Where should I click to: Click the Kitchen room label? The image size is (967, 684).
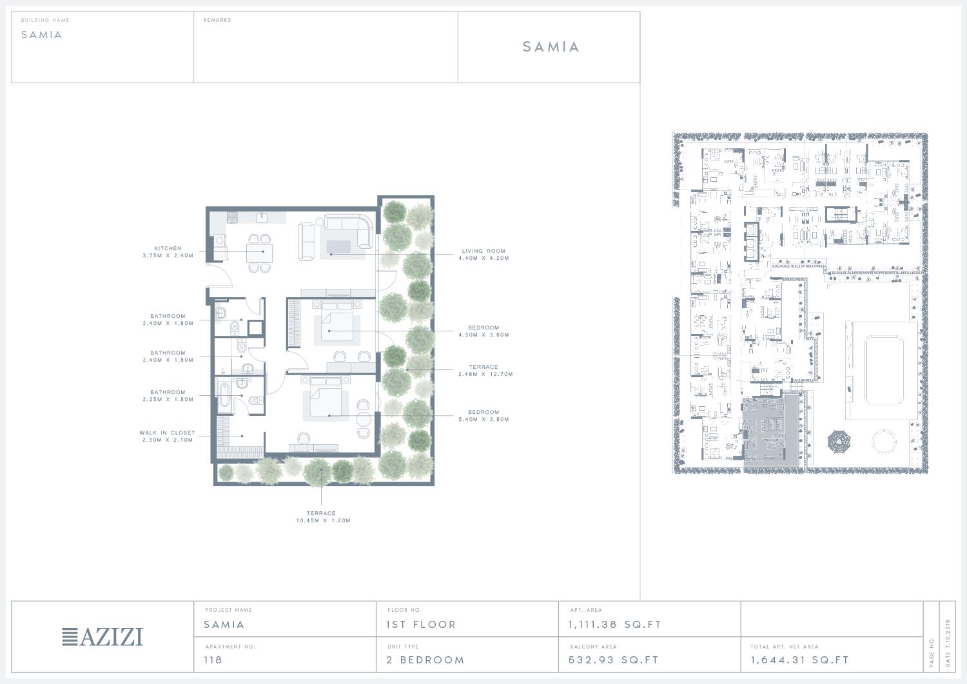coord(168,248)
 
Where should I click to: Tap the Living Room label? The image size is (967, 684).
coord(484,251)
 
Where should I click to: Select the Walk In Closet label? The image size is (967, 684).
coord(168,433)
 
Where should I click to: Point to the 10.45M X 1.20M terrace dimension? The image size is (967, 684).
coord(324,521)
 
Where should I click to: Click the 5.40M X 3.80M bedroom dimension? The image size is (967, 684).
coord(484,419)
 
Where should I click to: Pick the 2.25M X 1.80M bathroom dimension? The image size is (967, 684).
coord(168,400)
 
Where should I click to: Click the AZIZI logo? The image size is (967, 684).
coord(103,637)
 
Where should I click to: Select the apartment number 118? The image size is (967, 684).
coord(213,660)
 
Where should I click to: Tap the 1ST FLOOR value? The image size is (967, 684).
coord(421,625)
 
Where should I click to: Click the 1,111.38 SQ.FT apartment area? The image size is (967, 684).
coord(615,625)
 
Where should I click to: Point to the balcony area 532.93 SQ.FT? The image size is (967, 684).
coord(614,660)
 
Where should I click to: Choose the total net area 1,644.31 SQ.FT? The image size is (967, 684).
coord(800,660)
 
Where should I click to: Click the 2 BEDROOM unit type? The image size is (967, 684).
coord(425,660)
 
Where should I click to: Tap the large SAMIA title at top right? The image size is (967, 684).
coord(551,46)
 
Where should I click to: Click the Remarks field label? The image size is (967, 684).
coord(217,20)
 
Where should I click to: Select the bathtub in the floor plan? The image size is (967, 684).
coord(224,395)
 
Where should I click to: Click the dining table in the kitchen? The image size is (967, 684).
coord(259,253)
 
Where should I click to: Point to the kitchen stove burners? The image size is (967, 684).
coord(232,217)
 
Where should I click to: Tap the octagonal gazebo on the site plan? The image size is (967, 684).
coord(839,442)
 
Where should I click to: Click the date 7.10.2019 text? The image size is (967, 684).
coord(948,643)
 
